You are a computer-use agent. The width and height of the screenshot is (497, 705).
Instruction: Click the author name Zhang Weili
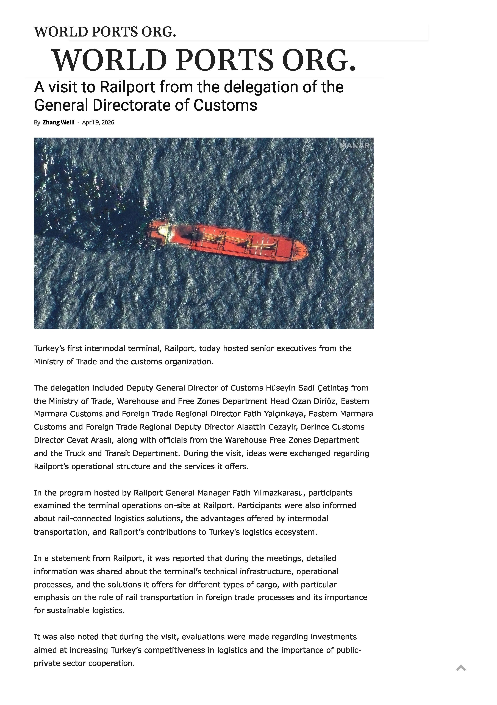pyautogui.click(x=58, y=122)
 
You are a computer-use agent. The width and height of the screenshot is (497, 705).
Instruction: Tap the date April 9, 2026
pyautogui.click(x=98, y=122)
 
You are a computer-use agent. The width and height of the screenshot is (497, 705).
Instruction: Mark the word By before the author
pyautogui.click(x=37, y=122)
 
